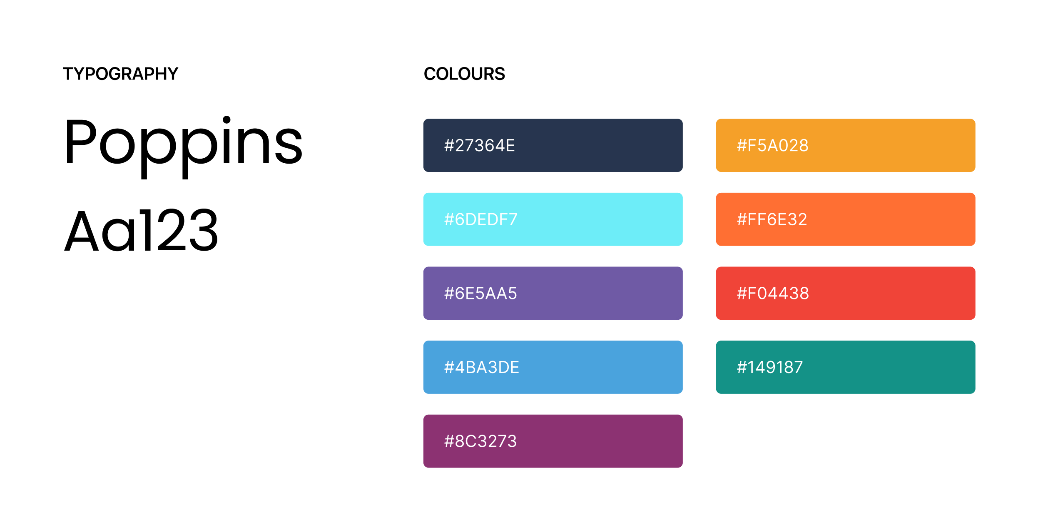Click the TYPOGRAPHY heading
[x=120, y=74]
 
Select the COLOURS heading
[x=464, y=74]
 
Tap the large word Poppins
[x=183, y=147]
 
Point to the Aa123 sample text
[x=141, y=230]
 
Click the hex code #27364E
[x=480, y=145]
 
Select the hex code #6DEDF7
[x=481, y=219]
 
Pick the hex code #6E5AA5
[x=480, y=293]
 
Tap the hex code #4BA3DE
[x=482, y=367]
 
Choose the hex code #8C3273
[x=480, y=441]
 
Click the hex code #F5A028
[x=773, y=145]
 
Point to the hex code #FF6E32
[x=772, y=219]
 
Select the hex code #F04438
[x=773, y=293]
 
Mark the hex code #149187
[x=770, y=367]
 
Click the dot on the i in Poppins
[x=227, y=120]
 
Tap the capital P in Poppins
[x=81, y=142]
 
